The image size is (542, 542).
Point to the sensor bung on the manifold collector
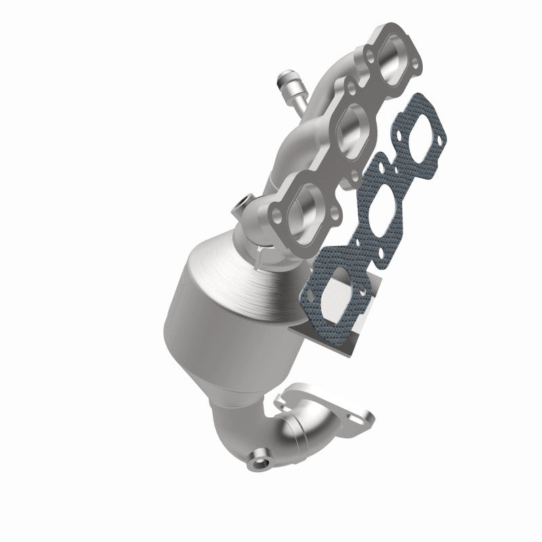pyautogui.click(x=241, y=203)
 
